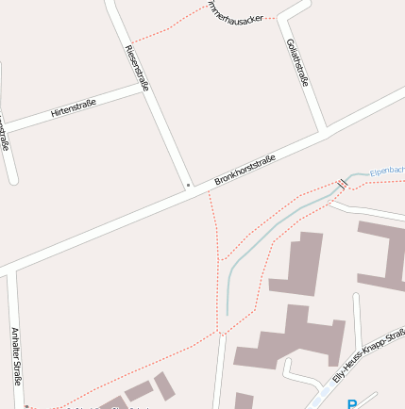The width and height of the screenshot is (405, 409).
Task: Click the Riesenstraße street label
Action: pyautogui.click(x=138, y=68)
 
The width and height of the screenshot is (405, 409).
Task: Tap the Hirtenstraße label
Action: pyautogui.click(x=74, y=111)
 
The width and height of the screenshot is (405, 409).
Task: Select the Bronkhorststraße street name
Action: pyautogui.click(x=245, y=169)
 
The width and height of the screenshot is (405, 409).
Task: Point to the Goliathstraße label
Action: pyautogui.click(x=295, y=62)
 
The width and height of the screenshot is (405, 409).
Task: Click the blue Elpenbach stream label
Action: pyautogui.click(x=387, y=172)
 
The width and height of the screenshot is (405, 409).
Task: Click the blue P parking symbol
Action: pyautogui.click(x=352, y=404)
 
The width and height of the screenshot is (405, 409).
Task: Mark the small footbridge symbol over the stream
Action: pyautogui.click(x=341, y=184)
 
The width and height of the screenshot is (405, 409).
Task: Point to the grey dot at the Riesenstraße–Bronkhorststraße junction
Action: pyautogui.click(x=188, y=185)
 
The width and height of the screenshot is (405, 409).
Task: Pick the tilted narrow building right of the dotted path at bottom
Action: pyautogui.click(x=164, y=385)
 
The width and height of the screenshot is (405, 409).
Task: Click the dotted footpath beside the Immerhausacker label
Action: pyautogui.click(x=170, y=29)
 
